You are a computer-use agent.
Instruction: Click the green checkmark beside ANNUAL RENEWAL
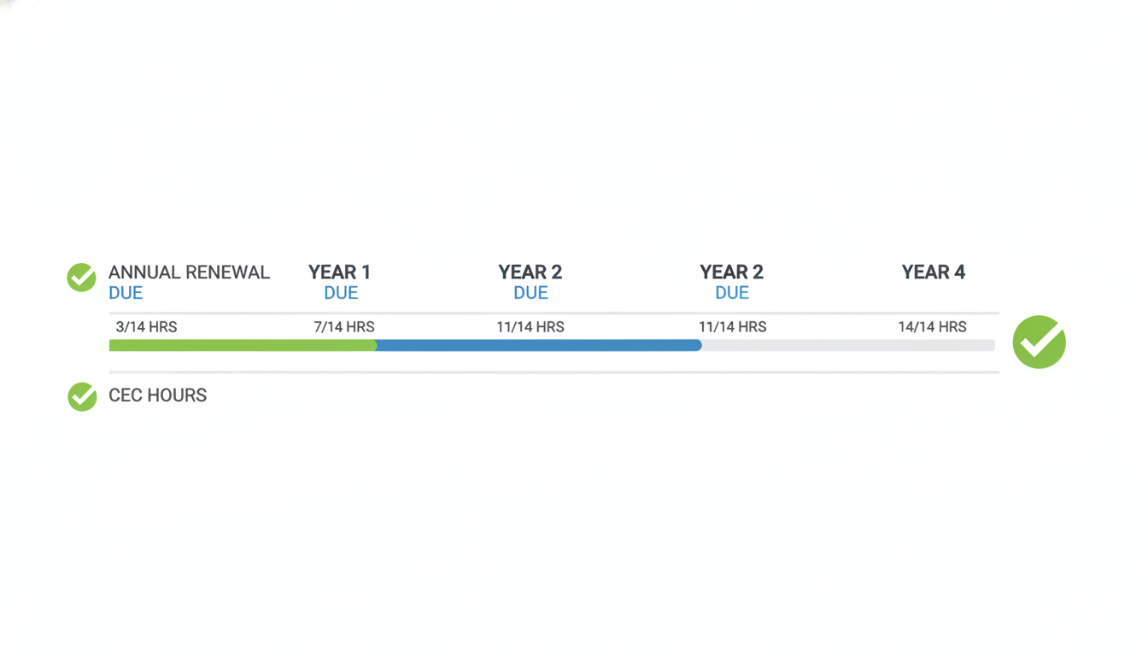click(x=81, y=278)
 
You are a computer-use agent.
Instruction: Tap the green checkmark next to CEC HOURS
click(x=82, y=396)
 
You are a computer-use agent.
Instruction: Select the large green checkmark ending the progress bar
click(x=1040, y=342)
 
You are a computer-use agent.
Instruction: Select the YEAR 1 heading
click(x=339, y=272)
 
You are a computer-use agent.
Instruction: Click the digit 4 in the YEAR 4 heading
click(x=959, y=272)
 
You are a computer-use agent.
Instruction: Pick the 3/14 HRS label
click(x=147, y=326)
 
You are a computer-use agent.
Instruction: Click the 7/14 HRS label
click(x=344, y=326)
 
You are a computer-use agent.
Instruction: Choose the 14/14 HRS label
click(x=932, y=326)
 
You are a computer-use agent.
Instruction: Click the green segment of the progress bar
click(x=243, y=345)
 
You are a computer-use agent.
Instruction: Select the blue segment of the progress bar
click(x=539, y=345)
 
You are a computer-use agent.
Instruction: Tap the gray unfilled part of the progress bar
click(x=849, y=345)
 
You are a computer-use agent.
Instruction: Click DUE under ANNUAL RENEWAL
click(x=126, y=293)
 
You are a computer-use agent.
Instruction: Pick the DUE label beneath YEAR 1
click(x=341, y=293)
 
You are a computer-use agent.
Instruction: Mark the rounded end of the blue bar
click(x=700, y=345)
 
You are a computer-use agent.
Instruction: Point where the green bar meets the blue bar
click(x=377, y=345)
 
